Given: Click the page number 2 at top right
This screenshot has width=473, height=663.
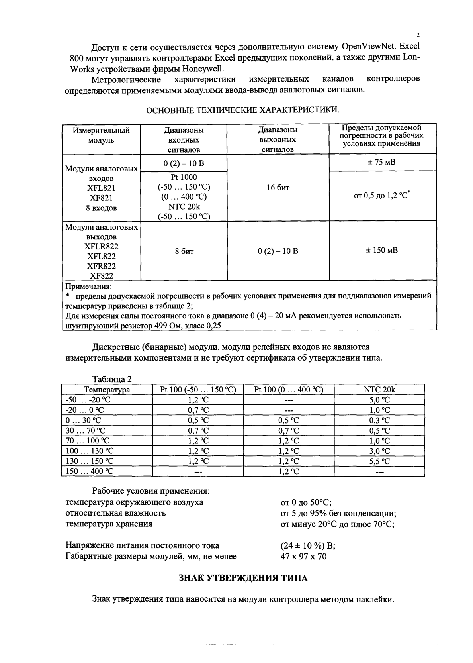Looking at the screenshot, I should click(x=418, y=35).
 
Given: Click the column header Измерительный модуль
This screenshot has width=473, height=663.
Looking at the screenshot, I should click(x=101, y=135).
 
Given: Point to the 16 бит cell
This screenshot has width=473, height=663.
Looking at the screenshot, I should click(x=278, y=188).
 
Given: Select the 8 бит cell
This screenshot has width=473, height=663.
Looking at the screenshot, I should click(x=184, y=251).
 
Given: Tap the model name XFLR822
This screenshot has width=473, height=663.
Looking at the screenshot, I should click(x=102, y=247).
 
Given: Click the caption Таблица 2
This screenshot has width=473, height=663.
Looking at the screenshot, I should click(x=112, y=379).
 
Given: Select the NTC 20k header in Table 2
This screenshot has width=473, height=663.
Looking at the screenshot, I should click(x=379, y=390).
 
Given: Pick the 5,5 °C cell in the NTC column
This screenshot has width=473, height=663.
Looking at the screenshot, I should click(x=379, y=461).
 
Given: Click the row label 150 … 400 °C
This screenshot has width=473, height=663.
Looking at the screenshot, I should click(x=90, y=471).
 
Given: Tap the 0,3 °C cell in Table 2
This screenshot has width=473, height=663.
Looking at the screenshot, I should click(x=379, y=420).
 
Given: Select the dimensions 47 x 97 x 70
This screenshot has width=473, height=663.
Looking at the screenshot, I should click(x=303, y=556).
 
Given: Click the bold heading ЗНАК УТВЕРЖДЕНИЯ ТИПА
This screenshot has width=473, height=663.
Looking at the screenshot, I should click(x=243, y=578).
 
